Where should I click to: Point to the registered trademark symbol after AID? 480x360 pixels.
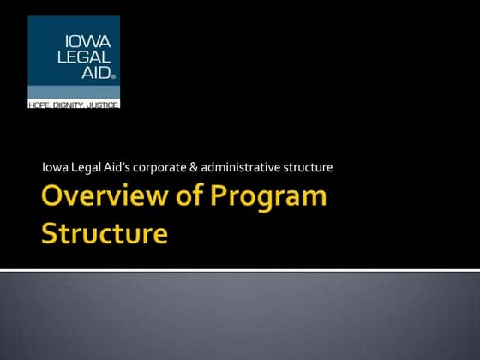tap(113, 76)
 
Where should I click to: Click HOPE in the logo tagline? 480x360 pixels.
tap(40, 104)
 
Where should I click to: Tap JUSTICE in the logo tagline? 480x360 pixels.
tap(99, 104)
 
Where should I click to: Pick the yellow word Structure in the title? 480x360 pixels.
tap(105, 233)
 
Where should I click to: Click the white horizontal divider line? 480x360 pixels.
tap(240, 270)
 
